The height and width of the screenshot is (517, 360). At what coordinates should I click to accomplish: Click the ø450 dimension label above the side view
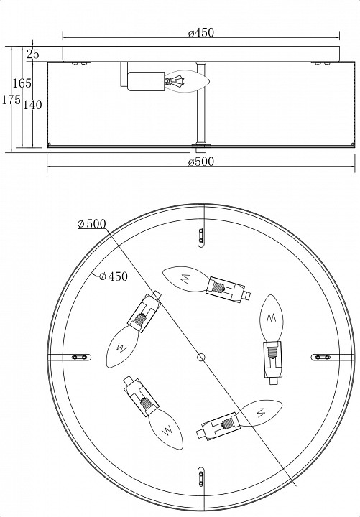click(201, 32)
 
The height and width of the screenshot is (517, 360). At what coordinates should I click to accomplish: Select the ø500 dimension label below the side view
click(201, 162)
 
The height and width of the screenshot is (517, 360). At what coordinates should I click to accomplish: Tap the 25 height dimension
click(33, 54)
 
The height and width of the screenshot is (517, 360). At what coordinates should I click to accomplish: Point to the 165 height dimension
click(22, 83)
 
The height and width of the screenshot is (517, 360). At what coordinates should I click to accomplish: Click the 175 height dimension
click(11, 99)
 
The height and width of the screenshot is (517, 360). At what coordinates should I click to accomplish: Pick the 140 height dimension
click(32, 105)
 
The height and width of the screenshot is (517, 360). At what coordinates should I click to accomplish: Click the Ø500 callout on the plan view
click(92, 224)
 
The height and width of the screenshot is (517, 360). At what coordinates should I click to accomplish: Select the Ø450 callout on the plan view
click(114, 276)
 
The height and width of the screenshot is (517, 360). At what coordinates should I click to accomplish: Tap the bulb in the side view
click(187, 81)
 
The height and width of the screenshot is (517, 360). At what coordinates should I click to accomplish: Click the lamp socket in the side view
click(146, 81)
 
